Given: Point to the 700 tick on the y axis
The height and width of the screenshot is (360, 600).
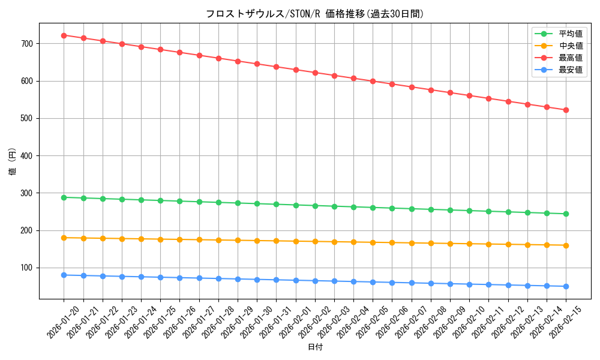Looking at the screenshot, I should pos(28,44).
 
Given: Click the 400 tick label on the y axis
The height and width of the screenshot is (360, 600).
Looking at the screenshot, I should pos(28,156).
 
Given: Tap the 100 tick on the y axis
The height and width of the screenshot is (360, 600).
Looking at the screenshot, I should pos(28,268).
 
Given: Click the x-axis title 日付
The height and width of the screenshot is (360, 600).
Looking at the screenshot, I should pos(315,347).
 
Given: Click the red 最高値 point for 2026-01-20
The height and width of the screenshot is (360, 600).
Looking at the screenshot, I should pos(64,35).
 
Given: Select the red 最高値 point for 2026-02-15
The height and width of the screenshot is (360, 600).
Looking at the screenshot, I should pos(566,110).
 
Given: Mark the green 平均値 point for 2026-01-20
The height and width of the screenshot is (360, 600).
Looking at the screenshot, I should pos(64,197).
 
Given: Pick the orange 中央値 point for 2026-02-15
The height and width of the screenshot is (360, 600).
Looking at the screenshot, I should pos(566,245).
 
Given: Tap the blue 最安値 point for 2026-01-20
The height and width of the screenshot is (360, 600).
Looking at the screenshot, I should pos(64,275).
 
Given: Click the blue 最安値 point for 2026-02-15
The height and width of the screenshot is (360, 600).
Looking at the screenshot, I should pos(566,286).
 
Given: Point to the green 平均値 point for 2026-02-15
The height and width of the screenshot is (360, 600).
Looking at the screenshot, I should pos(566,214).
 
